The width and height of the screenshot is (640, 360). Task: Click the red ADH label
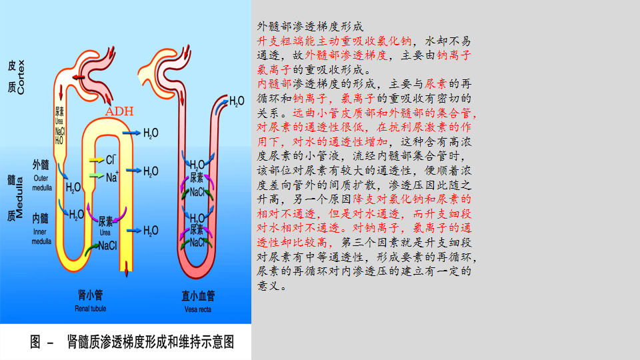coord(120,111)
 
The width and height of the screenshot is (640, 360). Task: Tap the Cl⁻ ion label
coord(111,160)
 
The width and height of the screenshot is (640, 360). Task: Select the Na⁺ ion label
coord(111,177)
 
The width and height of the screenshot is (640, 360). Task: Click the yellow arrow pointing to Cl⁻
coord(96,161)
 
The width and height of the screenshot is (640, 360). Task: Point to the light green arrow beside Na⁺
coord(96,177)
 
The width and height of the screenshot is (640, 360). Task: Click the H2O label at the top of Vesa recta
coord(237,101)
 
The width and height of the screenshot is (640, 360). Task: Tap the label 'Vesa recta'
coord(198,309)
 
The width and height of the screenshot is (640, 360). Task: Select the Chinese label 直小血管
coord(198,296)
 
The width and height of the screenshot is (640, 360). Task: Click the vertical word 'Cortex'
coord(21,78)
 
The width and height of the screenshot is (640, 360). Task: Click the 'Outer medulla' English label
coord(41,183)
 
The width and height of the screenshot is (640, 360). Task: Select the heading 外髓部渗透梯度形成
coord(310,27)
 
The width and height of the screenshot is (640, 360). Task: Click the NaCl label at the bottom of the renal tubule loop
coord(107,246)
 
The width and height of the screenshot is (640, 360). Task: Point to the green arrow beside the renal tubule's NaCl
coord(91,249)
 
